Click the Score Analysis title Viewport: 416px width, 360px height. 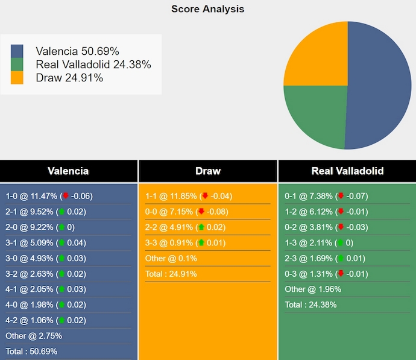point(207,9)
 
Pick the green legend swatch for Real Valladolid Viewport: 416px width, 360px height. point(17,65)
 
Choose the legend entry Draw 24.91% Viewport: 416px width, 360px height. point(69,78)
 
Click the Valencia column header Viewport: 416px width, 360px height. point(68,171)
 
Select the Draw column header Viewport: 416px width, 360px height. point(208,171)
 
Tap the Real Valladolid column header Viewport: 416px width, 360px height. point(347,171)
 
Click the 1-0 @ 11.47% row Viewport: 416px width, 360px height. point(49,196)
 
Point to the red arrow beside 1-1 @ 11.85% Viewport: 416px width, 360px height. point(205,196)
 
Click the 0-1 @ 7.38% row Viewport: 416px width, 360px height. point(326,196)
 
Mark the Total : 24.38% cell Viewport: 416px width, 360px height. point(310,305)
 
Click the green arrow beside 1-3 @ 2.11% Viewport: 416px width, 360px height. point(340,243)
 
